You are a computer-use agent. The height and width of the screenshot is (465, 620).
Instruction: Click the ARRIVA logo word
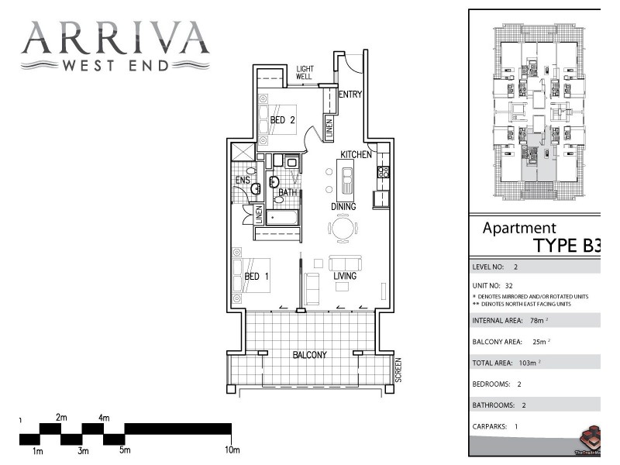pos(115,36)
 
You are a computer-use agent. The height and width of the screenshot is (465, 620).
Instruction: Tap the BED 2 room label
pos(283,120)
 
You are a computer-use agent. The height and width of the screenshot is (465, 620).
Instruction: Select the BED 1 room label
pos(257,276)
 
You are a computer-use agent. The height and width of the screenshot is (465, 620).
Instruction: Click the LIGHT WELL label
pos(305,73)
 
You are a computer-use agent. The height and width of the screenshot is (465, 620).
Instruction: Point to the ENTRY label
pos(350,95)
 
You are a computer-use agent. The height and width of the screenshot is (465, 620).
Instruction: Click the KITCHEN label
pos(356,155)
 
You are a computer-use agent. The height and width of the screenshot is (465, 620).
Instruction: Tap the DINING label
pos(343,207)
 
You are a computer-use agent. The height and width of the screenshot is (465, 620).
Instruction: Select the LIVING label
pos(345,276)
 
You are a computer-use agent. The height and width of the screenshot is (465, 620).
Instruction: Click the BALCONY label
pos(309,355)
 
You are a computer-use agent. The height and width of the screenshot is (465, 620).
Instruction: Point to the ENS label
pos(243,181)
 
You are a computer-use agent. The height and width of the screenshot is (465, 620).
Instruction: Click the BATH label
pos(288,192)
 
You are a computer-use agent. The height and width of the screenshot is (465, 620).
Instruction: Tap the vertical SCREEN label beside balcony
pos(398,370)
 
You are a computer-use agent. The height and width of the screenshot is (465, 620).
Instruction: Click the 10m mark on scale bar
pos(232,449)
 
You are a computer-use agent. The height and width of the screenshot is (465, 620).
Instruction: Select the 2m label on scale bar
pos(62,418)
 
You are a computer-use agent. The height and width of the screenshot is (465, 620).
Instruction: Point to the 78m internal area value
pos(536,320)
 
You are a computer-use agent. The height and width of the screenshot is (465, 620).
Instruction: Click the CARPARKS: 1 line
pos(494,426)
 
